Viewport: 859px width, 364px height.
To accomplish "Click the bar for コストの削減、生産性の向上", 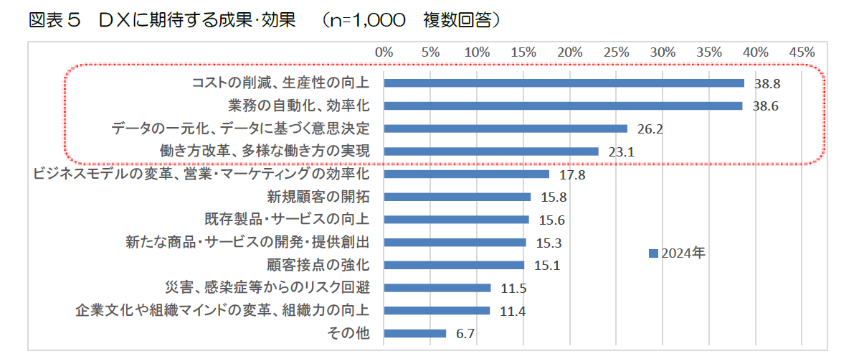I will click(x=564, y=83).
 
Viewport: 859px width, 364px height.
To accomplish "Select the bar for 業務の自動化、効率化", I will click(x=563, y=106).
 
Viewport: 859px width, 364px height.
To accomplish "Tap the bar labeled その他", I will click(x=414, y=333).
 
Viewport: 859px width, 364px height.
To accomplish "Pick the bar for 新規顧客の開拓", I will click(x=457, y=197).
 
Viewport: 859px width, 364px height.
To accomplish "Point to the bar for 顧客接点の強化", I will click(x=454, y=265).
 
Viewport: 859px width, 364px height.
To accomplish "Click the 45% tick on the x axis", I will click(x=802, y=52).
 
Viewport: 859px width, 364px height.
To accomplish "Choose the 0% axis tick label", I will click(x=384, y=52).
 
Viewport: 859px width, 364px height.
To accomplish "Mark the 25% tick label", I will click(x=616, y=52).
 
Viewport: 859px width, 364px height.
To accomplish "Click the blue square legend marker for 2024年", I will click(x=652, y=253).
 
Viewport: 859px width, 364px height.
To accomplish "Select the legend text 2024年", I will click(x=683, y=253).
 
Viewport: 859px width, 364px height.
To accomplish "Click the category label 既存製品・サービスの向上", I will click(x=287, y=220).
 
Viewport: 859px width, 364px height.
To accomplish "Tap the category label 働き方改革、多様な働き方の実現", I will click(x=264, y=151).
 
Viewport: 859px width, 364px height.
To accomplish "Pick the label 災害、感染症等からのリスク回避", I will click(x=267, y=288).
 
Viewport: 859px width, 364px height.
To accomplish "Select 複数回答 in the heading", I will click(x=456, y=21).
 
